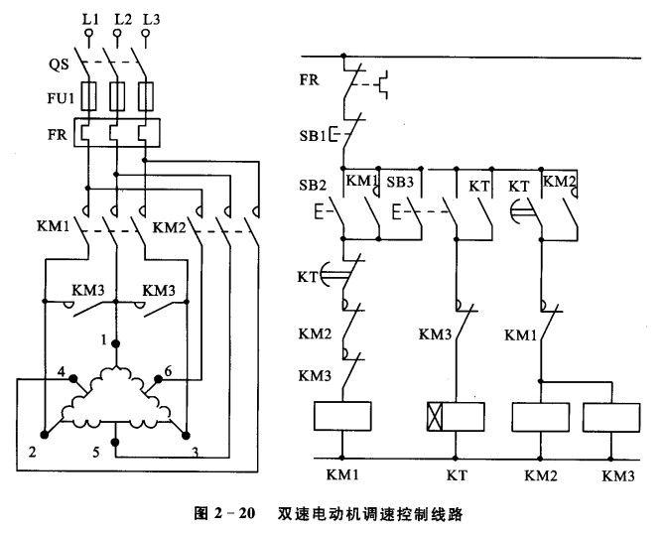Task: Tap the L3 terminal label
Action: [149, 17]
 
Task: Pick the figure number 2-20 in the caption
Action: [236, 515]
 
